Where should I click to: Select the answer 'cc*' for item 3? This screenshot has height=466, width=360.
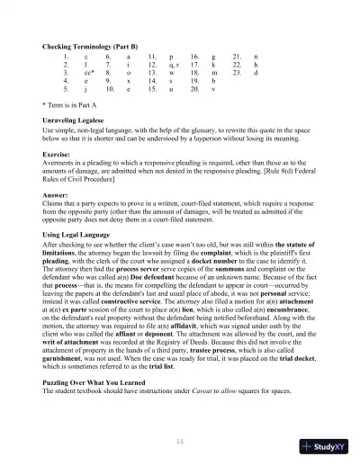pos(88,73)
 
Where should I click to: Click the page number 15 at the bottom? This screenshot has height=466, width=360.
pos(180,441)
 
